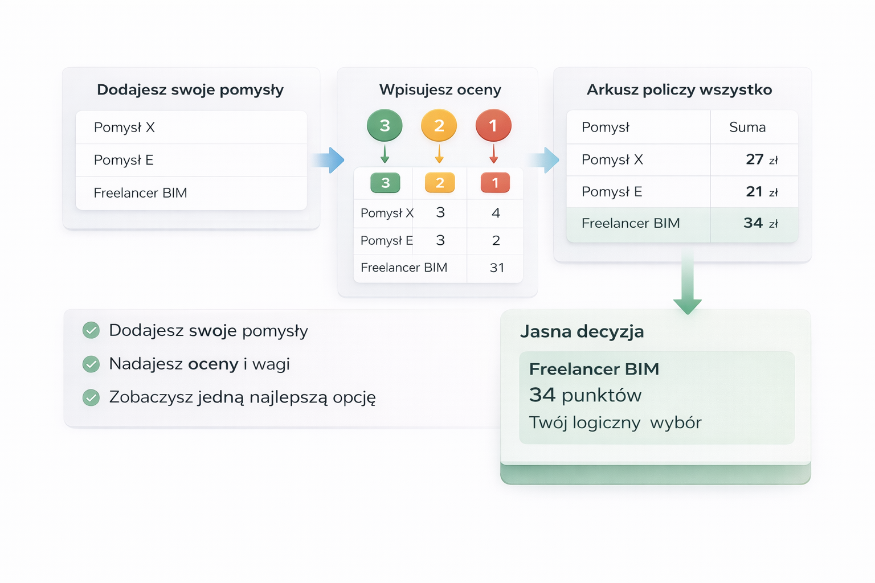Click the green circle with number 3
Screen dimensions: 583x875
[385, 125]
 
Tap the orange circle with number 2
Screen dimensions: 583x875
[439, 125]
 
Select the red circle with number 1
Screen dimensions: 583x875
[493, 125]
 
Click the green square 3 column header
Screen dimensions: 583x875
[385, 183]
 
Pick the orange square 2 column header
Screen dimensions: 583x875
[440, 183]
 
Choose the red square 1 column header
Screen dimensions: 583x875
[495, 183]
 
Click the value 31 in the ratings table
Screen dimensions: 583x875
[497, 268]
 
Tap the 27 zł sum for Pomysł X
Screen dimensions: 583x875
[761, 159]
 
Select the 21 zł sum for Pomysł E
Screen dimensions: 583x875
[761, 192]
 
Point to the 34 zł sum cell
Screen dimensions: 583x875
[760, 223]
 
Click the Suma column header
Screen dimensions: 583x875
[747, 127]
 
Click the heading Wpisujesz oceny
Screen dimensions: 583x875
[440, 89]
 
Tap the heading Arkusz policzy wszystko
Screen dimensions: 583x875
[679, 89]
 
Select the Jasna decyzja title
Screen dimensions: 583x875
[582, 331]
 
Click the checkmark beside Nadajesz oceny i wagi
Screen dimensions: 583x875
[91, 364]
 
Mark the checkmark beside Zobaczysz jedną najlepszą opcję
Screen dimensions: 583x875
[91, 397]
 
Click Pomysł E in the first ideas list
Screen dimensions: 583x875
[124, 160]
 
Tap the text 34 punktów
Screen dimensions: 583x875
[585, 395]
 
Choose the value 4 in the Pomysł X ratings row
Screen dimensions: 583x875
[496, 213]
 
